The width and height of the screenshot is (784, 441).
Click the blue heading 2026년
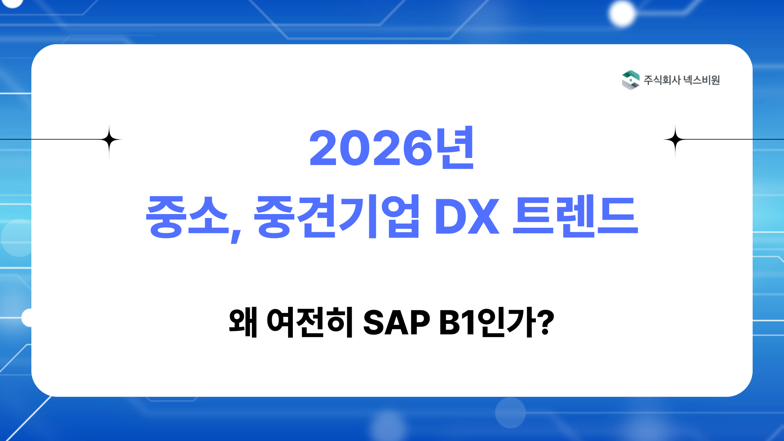392,148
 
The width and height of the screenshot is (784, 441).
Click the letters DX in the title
467,216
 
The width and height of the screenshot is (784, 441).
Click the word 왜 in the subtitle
243,323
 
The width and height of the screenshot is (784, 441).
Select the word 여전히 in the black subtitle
310,323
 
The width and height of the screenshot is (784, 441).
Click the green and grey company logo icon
630,80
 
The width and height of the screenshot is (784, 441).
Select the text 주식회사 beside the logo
662,80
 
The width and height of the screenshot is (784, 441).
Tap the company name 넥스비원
702,80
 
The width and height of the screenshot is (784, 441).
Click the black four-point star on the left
109,140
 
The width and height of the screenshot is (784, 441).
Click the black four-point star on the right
675,140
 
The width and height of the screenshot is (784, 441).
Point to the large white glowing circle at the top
621,14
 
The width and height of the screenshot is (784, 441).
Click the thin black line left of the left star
51,139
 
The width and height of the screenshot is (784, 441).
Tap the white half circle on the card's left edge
27,318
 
